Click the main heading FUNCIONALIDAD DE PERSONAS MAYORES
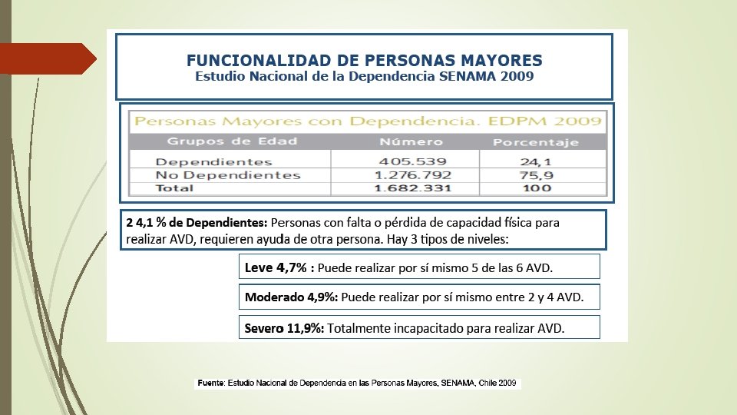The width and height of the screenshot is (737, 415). tap(365, 60)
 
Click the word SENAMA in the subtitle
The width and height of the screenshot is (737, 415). tap(461, 77)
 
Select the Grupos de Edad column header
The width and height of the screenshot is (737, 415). tap(232, 141)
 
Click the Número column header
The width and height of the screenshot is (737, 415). tap(411, 141)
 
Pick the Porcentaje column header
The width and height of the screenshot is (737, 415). tap(535, 142)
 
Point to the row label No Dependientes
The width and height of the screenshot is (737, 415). tap(228, 175)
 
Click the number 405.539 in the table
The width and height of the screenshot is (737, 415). tap(411, 161)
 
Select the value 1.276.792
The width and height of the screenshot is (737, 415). tap(411, 175)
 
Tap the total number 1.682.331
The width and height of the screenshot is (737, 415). tap(411, 188)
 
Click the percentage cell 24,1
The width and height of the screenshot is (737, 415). tap(535, 161)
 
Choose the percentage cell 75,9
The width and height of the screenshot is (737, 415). tap(535, 175)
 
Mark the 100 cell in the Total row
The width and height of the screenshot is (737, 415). tap(535, 188)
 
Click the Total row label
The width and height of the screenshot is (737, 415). tap(174, 188)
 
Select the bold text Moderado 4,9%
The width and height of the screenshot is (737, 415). tap(291, 297)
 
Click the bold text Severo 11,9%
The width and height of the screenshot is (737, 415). tap(284, 328)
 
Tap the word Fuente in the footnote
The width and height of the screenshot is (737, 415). tap(210, 383)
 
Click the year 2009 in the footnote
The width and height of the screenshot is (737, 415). tap(507, 383)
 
